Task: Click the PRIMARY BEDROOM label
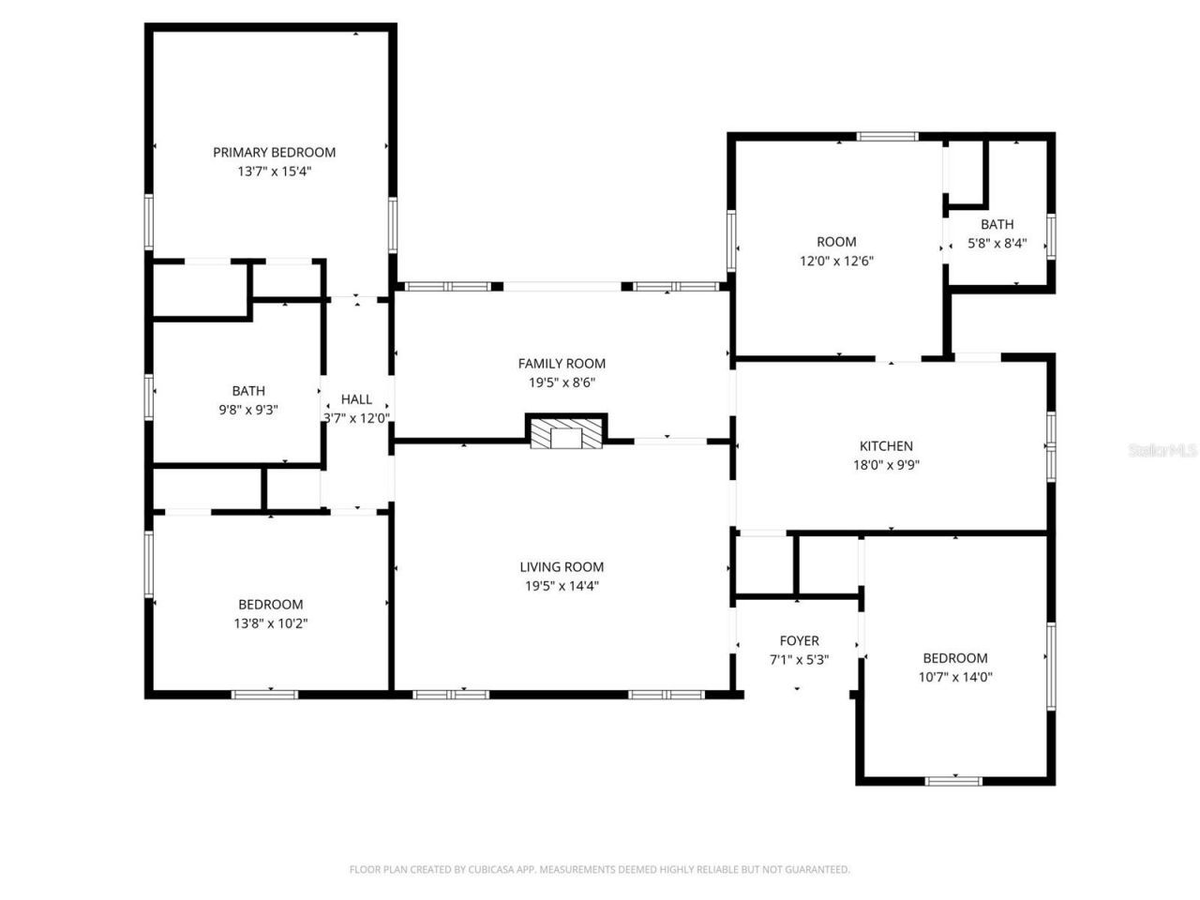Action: click(x=274, y=152)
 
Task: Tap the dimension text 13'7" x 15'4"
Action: click(x=274, y=172)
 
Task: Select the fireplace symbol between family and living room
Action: click(x=566, y=433)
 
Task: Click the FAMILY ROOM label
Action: click(x=562, y=363)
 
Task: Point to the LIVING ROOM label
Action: click(x=562, y=566)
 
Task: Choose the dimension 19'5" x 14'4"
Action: click(x=562, y=586)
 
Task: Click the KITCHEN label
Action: click(x=886, y=446)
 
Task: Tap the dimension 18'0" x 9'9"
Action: click(x=886, y=465)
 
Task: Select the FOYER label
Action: click(x=799, y=640)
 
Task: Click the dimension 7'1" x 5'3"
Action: click(x=799, y=659)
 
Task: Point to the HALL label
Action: click(x=356, y=399)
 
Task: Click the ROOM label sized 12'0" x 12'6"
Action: click(x=836, y=242)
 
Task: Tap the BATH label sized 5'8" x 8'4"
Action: click(x=997, y=224)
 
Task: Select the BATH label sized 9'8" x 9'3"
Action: click(x=248, y=391)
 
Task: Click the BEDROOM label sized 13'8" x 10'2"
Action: click(x=270, y=604)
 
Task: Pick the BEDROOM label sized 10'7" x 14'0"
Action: click(x=954, y=658)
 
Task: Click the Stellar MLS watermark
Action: click(x=1162, y=450)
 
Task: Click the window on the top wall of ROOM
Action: click(x=888, y=137)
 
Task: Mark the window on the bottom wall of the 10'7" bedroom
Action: click(x=953, y=780)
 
